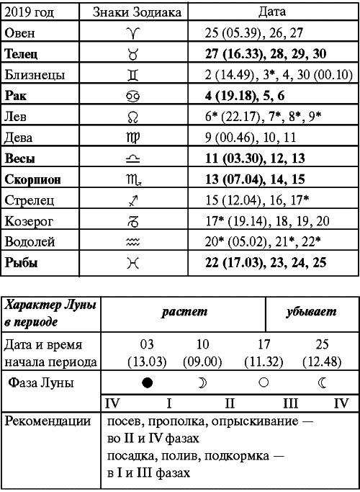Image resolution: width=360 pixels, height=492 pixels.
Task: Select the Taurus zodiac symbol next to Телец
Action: point(132,54)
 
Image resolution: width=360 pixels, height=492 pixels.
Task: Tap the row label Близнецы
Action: point(34,75)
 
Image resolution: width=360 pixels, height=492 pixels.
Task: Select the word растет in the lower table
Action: point(184,313)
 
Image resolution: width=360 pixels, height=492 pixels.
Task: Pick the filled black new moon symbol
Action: point(147,384)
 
